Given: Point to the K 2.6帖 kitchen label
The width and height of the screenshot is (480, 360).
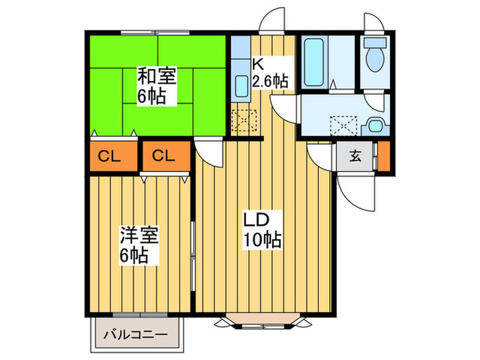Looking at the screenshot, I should click(269, 72).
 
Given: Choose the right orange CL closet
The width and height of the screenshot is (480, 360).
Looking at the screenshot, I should click(164, 156).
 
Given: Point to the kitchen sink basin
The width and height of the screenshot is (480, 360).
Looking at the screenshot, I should click(241, 86).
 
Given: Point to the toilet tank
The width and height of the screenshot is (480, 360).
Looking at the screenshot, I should click(375, 42).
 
